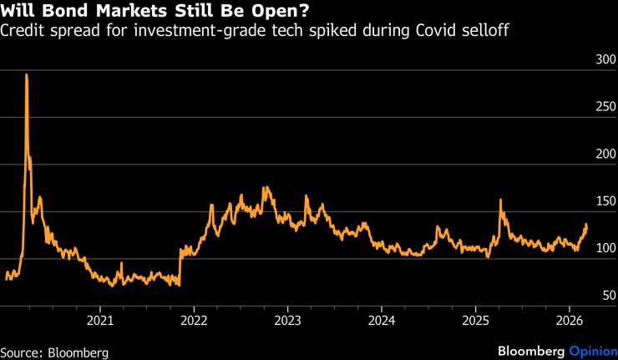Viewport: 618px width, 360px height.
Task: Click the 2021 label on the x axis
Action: (x=100, y=321)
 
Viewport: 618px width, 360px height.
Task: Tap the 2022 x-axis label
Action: (x=194, y=321)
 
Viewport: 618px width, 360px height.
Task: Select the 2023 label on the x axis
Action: (x=287, y=321)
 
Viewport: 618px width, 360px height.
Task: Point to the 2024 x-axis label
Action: (x=382, y=321)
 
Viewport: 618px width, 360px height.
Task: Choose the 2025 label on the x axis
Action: (x=475, y=321)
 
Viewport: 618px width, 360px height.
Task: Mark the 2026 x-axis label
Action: (x=569, y=321)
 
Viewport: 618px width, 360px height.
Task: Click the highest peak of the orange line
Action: (x=27, y=75)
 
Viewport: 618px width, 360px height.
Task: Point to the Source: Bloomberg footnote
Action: (x=54, y=352)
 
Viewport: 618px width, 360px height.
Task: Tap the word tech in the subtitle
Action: (x=239, y=31)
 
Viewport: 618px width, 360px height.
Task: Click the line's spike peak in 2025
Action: (x=500, y=200)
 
